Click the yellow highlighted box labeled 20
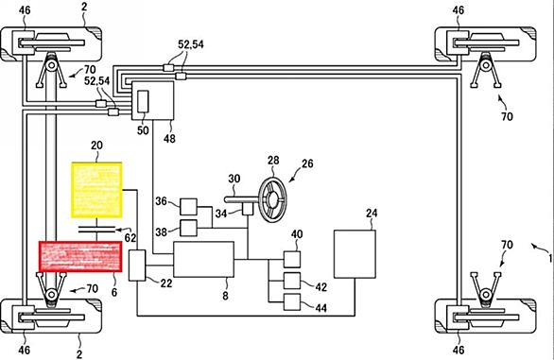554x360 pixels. (97, 190)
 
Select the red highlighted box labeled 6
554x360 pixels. (80, 256)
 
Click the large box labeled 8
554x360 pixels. (203, 259)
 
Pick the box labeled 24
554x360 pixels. (355, 254)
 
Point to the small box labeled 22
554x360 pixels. (137, 266)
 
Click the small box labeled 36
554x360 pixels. (189, 207)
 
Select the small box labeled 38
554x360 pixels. (189, 228)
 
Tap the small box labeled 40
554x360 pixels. (292, 259)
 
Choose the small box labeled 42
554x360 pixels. (292, 281)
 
